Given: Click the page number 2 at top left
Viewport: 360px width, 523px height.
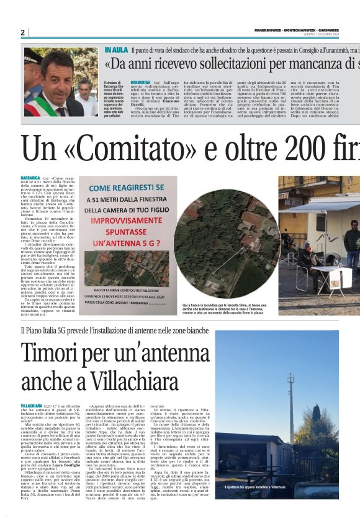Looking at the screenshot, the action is (x=22, y=32).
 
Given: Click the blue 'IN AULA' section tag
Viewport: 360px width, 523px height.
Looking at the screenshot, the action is (x=116, y=49).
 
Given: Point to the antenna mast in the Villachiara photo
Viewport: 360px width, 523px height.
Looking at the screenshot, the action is (x=290, y=404).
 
